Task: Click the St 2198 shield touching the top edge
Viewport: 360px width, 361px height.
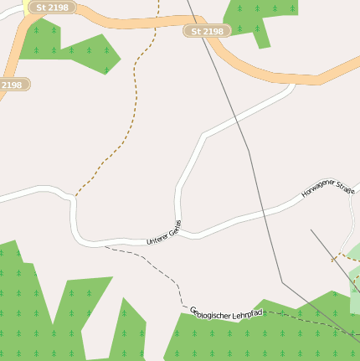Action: tap(52, 7)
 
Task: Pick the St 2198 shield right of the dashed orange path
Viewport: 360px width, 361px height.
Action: tap(207, 31)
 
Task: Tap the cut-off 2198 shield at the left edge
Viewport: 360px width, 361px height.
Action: tap(12, 85)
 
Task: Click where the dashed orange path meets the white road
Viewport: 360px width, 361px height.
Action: tap(75, 197)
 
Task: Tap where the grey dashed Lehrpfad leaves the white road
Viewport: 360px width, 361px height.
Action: tap(104, 246)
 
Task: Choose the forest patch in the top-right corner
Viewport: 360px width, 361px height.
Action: tap(260, 17)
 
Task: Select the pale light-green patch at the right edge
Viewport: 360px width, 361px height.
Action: tap(354, 251)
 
